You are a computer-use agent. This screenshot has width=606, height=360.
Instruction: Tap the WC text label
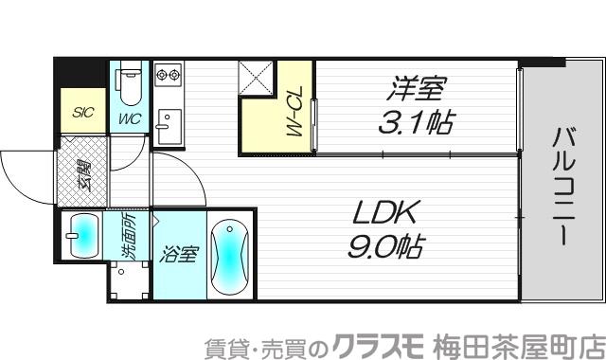[x=130, y=119]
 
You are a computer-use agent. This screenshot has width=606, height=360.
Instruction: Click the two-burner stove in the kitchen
[x=168, y=73]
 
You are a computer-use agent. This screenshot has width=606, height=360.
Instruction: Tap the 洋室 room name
[x=415, y=91]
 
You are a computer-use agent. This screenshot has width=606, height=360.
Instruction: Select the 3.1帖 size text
[x=418, y=123]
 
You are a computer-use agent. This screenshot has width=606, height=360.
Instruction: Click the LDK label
[x=386, y=212]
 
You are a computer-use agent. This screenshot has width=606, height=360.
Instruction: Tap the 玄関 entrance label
[x=83, y=175]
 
